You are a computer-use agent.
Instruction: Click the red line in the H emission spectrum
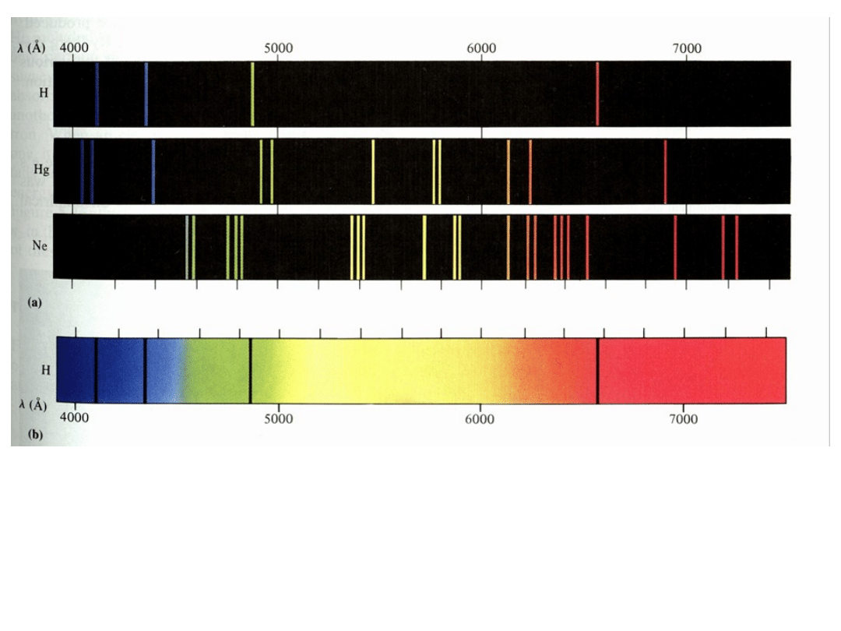pos(597,93)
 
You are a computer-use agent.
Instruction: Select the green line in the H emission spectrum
pos(252,93)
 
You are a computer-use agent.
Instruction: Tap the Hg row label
pos(40,170)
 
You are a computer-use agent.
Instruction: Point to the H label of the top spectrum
pos(44,93)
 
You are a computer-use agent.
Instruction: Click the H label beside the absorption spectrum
pos(45,371)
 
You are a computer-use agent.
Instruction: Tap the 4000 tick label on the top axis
pos(74,48)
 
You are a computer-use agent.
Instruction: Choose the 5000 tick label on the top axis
pos(278,48)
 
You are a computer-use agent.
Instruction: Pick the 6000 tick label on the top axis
pos(482,48)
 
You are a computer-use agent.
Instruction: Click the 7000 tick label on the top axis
pos(687,48)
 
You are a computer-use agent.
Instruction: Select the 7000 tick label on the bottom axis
pos(683,418)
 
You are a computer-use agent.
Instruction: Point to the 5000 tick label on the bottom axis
pos(278,418)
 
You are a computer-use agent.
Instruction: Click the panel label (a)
pos(33,304)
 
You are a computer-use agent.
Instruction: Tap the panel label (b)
pos(34,436)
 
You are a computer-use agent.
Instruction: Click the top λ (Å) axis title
pos(32,48)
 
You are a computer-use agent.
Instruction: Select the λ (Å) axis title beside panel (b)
pos(32,406)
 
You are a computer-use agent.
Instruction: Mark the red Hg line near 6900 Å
pos(665,171)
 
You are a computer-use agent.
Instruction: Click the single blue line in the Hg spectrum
pos(153,171)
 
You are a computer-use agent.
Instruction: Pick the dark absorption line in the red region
pos(597,371)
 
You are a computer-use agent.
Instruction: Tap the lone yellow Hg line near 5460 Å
pos(373,171)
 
